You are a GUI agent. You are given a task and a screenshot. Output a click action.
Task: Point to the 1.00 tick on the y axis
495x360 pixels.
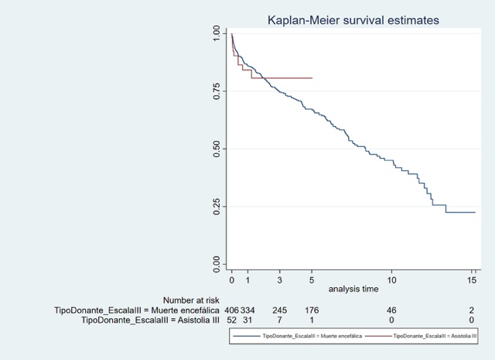217,33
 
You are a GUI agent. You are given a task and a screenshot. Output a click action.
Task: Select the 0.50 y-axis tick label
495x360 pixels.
217,149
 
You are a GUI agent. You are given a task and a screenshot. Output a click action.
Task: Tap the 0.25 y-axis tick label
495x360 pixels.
217,207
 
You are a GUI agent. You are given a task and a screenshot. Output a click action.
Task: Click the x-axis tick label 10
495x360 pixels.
392,279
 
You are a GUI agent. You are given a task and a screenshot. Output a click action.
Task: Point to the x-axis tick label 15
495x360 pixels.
472,279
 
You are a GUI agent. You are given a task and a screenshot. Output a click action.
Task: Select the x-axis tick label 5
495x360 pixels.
312,279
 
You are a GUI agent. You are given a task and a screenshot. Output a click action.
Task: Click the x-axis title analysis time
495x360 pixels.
353,289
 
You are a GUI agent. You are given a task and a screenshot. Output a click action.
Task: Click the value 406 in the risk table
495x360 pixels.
230,310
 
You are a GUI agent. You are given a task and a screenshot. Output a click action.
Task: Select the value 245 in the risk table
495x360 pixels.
279,310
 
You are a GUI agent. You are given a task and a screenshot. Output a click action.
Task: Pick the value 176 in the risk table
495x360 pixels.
311,310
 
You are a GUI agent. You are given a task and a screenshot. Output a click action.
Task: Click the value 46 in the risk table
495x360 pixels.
391,310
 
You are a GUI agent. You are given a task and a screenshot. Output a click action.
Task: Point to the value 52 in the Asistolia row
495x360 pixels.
230,320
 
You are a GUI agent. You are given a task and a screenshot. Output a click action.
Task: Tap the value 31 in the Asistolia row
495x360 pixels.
247,320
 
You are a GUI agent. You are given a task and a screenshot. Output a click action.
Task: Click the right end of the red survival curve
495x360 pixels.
312,78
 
